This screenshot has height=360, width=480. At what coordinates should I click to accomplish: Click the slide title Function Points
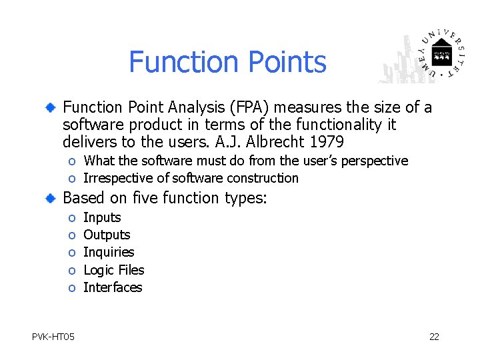pyautogui.click(x=227, y=62)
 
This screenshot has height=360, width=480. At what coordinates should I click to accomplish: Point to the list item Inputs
pyautogui.click(x=102, y=217)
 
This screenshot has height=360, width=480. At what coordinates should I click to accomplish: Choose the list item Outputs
pyautogui.click(x=107, y=235)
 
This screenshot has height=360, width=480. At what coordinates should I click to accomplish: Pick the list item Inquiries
pyautogui.click(x=109, y=252)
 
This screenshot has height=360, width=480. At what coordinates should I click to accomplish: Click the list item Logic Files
pyautogui.click(x=113, y=270)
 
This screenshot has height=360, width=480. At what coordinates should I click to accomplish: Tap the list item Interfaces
pyautogui.click(x=113, y=287)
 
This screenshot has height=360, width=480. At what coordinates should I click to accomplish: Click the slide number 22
pyautogui.click(x=434, y=337)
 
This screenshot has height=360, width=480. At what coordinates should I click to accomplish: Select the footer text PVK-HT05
pyautogui.click(x=53, y=337)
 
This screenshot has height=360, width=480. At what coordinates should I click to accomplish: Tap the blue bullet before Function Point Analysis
pyautogui.click(x=51, y=108)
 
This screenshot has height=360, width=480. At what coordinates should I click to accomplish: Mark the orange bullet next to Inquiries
pyautogui.click(x=71, y=253)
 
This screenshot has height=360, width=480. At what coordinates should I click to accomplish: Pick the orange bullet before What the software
pyautogui.click(x=71, y=161)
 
